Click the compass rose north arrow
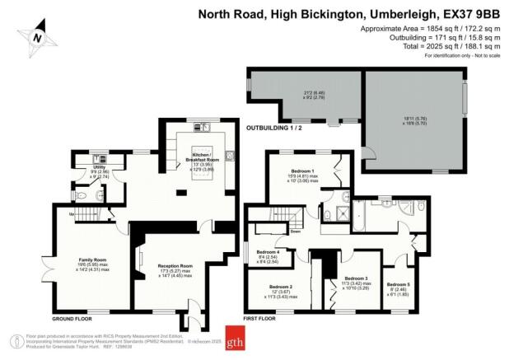coord(35,37)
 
